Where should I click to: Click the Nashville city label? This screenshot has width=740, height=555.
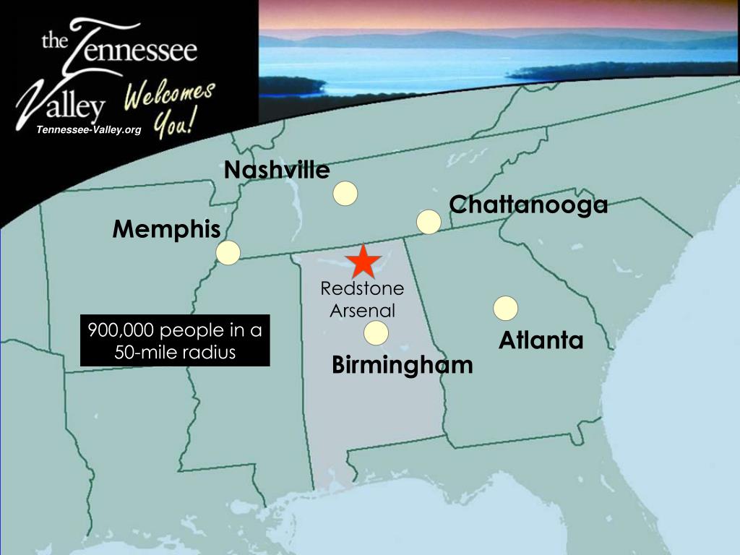[x=277, y=171]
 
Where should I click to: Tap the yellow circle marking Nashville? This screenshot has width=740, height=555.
[x=345, y=193]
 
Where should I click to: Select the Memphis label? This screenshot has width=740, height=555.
[x=166, y=230]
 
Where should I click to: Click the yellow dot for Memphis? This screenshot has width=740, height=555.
[x=228, y=253]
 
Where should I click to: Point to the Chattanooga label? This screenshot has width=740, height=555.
[x=528, y=205]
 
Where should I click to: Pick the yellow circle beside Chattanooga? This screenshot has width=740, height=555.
[x=429, y=222]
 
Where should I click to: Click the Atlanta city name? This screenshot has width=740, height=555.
[x=541, y=340]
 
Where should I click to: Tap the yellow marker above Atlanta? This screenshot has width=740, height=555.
[x=505, y=308]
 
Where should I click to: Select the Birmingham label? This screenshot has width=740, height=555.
[x=402, y=365]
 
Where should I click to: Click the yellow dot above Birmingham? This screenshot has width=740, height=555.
[x=376, y=333]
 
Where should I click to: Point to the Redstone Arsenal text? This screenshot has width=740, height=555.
[x=363, y=300]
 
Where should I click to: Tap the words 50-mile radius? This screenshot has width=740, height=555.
[x=175, y=353]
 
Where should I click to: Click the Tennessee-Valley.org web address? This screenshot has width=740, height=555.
[x=89, y=130]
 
